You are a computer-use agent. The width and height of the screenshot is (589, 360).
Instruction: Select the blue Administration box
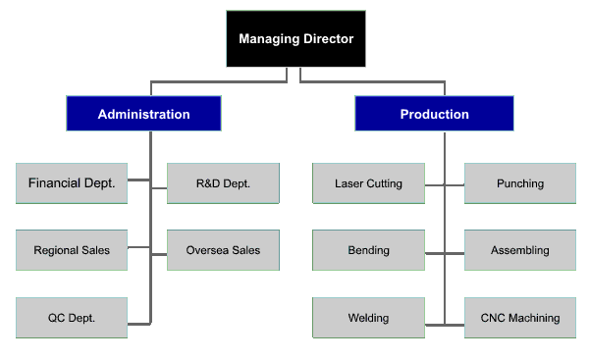point(143,114)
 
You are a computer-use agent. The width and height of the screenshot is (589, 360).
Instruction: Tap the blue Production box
point(434,114)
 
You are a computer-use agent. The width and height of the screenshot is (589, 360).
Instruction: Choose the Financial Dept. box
point(72,182)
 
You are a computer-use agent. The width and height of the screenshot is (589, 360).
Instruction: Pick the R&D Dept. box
point(223,182)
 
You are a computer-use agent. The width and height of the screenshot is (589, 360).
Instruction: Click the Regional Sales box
point(72,250)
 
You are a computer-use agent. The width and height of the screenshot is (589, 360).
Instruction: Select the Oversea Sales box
point(223,250)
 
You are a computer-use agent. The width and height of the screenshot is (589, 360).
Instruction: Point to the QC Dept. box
point(72,318)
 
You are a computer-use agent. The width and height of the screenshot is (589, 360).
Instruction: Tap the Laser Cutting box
point(368,182)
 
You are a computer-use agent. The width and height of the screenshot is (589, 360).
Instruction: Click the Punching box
point(519,182)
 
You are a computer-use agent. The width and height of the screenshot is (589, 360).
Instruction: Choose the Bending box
point(368,250)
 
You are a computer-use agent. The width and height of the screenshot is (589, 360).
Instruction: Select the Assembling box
point(519,250)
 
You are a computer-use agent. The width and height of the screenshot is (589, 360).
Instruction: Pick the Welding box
point(368,318)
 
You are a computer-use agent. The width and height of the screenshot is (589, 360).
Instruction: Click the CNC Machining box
point(519,318)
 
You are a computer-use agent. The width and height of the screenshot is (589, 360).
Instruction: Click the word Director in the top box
point(328,39)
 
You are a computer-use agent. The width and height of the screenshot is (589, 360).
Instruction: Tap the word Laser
point(349,183)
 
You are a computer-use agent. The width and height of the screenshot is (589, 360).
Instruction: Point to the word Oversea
point(207,250)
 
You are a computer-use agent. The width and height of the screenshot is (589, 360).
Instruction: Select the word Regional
point(56,250)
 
